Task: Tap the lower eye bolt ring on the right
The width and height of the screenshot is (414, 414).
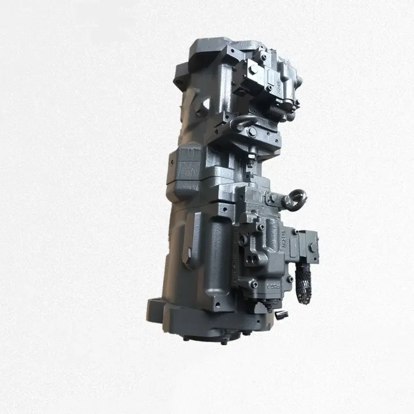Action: pos(298,200)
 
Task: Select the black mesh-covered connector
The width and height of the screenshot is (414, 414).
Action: pos(304,284)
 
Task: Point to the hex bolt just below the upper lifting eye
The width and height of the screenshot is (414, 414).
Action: pos(252,132)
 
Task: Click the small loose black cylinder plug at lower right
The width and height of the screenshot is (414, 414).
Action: pos(280,315)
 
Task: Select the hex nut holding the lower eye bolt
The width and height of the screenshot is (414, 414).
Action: pos(272,197)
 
